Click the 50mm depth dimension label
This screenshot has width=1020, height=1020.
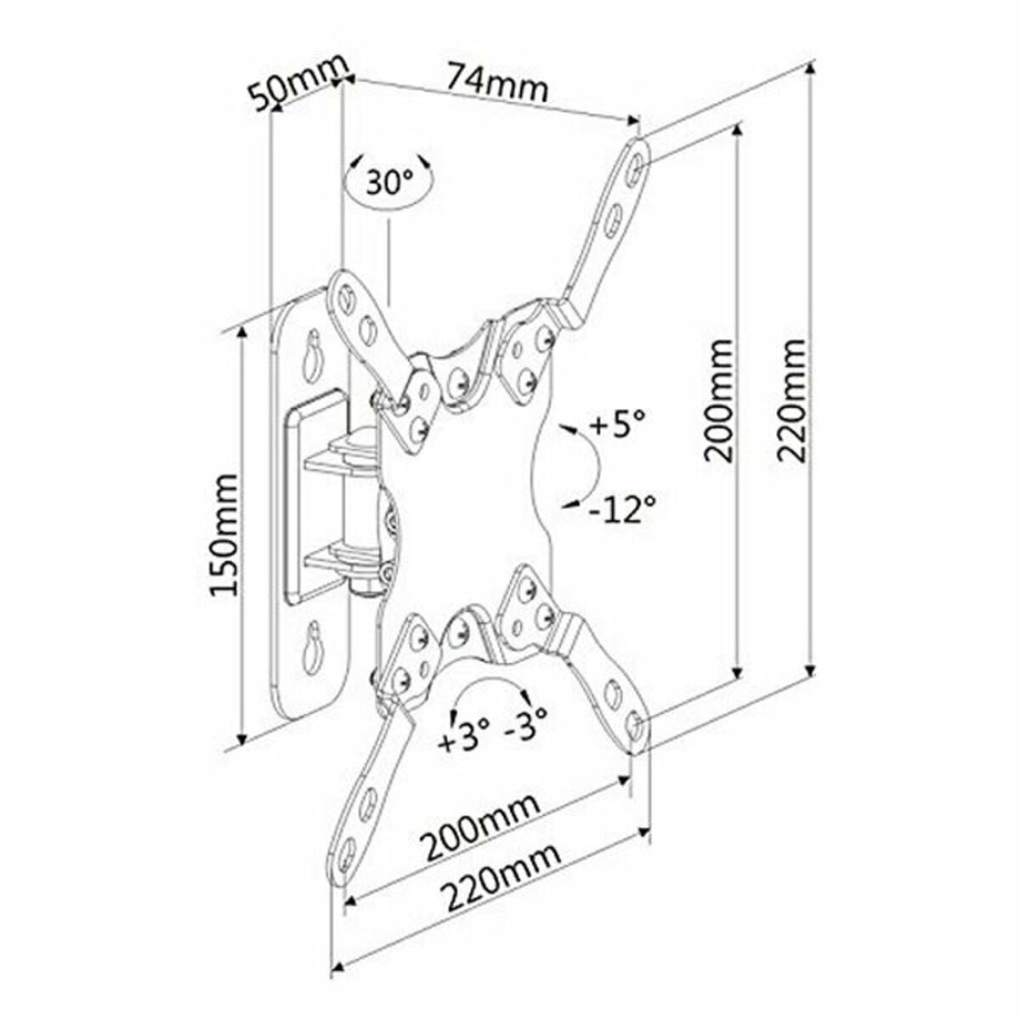[297, 85]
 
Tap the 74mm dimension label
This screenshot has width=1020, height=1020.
[497, 82]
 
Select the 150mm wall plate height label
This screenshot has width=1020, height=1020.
[224, 535]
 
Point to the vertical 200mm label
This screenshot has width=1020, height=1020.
[718, 399]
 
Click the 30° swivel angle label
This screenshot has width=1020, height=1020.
[389, 182]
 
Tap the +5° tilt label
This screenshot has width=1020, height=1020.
[616, 422]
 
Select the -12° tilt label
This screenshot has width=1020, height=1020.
[622, 507]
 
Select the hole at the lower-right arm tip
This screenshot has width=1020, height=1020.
[634, 724]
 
